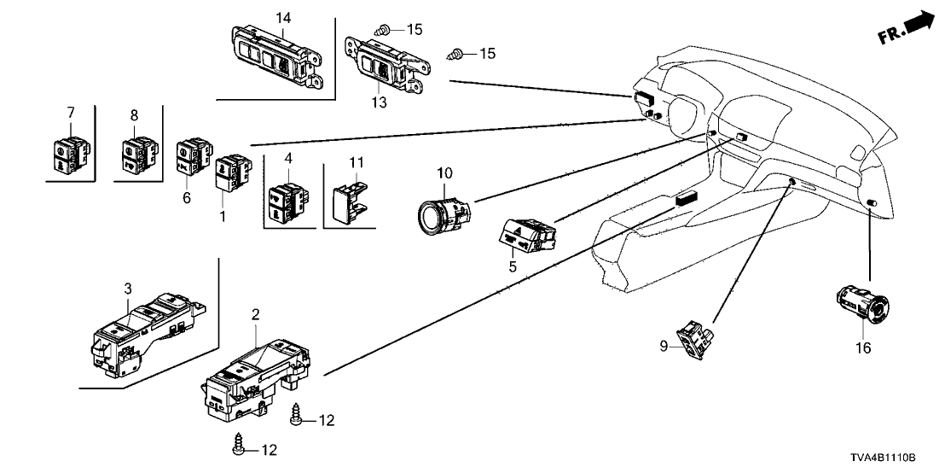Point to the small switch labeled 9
tap(693, 340)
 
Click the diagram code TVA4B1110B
tap(890, 458)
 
